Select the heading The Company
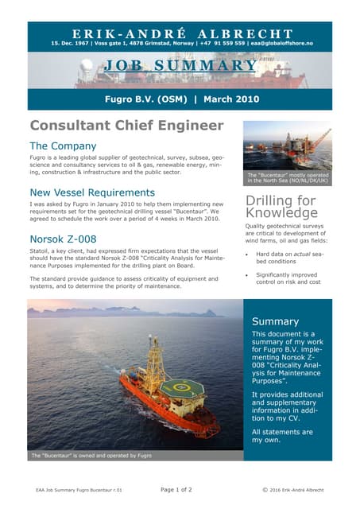click(63, 146)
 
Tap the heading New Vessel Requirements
click(91, 192)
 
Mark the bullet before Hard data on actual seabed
click(248, 254)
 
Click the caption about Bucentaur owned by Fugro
click(91, 456)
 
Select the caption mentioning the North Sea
click(287, 177)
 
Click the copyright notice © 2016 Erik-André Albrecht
click(297, 490)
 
